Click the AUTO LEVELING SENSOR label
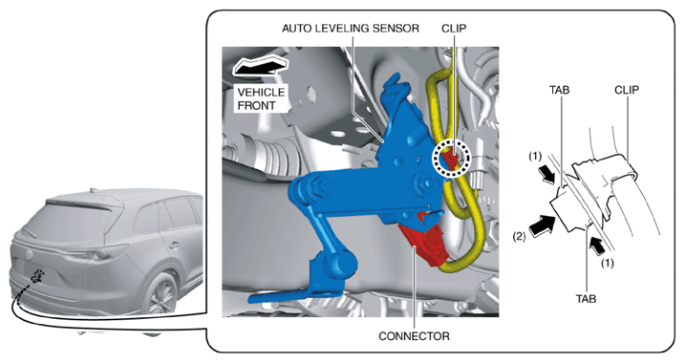click(351, 29)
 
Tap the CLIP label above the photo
click(454, 29)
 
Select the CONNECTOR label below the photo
click(414, 336)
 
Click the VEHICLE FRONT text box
click(261, 99)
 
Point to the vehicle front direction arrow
click(261, 66)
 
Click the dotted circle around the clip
click(452, 158)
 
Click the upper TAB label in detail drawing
click(559, 90)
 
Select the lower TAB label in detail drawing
click(586, 299)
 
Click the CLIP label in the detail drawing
click(627, 90)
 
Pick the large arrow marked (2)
click(542, 224)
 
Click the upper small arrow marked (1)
click(546, 176)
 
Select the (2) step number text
click(519, 237)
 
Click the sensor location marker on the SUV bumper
click(37, 276)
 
